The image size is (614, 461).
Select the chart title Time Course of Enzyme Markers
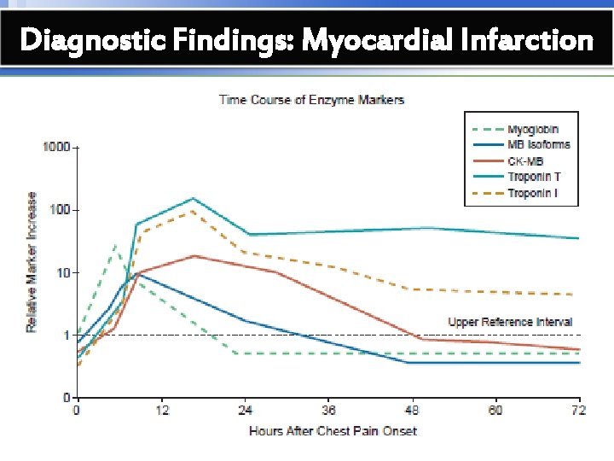[x=311, y=100]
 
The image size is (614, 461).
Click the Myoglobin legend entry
[x=533, y=129]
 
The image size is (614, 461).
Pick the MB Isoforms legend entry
[x=538, y=145]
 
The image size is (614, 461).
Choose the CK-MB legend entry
[x=525, y=161]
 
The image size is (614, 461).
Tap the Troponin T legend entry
[x=534, y=178]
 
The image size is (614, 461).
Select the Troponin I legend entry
[x=533, y=194]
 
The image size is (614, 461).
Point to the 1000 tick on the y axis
[x=55, y=147]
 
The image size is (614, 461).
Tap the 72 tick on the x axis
[x=579, y=411]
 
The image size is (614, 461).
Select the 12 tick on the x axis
[x=162, y=411]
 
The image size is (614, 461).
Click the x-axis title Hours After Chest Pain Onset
[x=333, y=431]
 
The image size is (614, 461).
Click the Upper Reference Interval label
[x=510, y=322]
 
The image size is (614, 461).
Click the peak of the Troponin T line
[x=194, y=199]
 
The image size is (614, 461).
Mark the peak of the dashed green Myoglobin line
[x=115, y=245]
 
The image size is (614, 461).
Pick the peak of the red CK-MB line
[x=194, y=256]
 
